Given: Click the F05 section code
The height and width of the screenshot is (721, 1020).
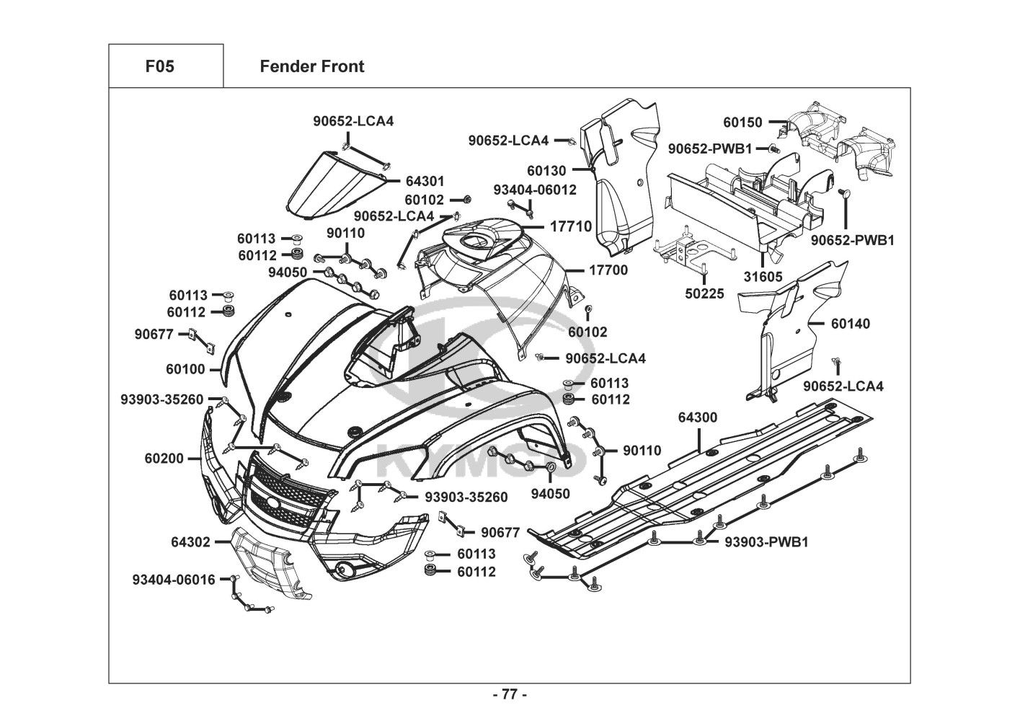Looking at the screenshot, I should click(x=159, y=66).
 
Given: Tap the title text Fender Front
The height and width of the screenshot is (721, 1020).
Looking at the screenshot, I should click(x=311, y=66).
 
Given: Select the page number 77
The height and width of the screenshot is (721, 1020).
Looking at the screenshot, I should click(x=510, y=695).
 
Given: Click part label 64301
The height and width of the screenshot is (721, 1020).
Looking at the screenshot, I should click(x=425, y=181).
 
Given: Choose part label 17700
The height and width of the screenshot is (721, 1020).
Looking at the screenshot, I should click(x=608, y=270).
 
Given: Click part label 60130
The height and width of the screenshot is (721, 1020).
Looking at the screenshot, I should click(x=567, y=171).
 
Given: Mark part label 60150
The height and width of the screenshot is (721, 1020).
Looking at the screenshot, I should click(x=742, y=123).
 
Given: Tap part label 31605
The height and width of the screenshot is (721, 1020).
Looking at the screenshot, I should click(x=763, y=277).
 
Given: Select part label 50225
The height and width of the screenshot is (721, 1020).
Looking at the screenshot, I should click(x=704, y=294).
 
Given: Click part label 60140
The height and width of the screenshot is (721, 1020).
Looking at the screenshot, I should click(x=851, y=324).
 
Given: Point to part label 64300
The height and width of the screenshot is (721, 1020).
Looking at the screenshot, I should click(x=698, y=417).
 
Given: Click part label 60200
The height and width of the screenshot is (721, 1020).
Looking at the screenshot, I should click(x=164, y=458).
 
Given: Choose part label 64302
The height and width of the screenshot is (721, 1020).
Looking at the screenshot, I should click(x=190, y=541).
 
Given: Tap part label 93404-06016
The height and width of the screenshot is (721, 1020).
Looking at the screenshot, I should click(x=174, y=579).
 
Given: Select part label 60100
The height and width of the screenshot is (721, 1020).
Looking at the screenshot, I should click(x=185, y=369).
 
